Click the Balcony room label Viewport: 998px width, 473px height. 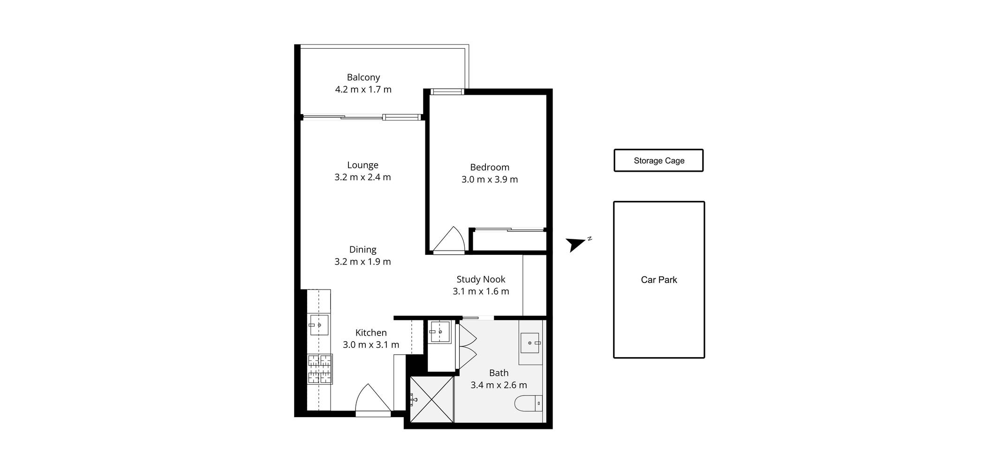tap(363, 77)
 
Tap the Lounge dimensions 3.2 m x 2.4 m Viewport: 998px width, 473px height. tap(363, 177)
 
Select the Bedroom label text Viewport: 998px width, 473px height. tap(490, 168)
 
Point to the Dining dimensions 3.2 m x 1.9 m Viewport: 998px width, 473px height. tap(363, 262)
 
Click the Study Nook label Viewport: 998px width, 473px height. tap(481, 279)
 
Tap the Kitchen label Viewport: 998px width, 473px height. tap(371, 333)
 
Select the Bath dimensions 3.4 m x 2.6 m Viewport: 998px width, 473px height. tap(499, 385)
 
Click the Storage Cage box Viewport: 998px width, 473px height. tap(658, 160)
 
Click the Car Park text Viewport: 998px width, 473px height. tap(658, 280)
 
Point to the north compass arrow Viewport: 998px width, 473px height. tap(575, 244)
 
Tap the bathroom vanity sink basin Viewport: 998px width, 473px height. tap(530, 343)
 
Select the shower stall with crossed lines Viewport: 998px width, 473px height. tap(431, 399)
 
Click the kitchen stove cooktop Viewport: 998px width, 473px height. tap(320, 369)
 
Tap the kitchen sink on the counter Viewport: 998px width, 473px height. tap(319, 325)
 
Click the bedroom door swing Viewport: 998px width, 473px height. tap(449, 241)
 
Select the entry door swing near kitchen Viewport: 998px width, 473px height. tap(372, 400)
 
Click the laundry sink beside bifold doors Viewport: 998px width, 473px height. tap(440, 332)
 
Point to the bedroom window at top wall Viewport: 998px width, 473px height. tap(447, 92)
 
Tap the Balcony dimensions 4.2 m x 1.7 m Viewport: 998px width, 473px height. tap(363, 90)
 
